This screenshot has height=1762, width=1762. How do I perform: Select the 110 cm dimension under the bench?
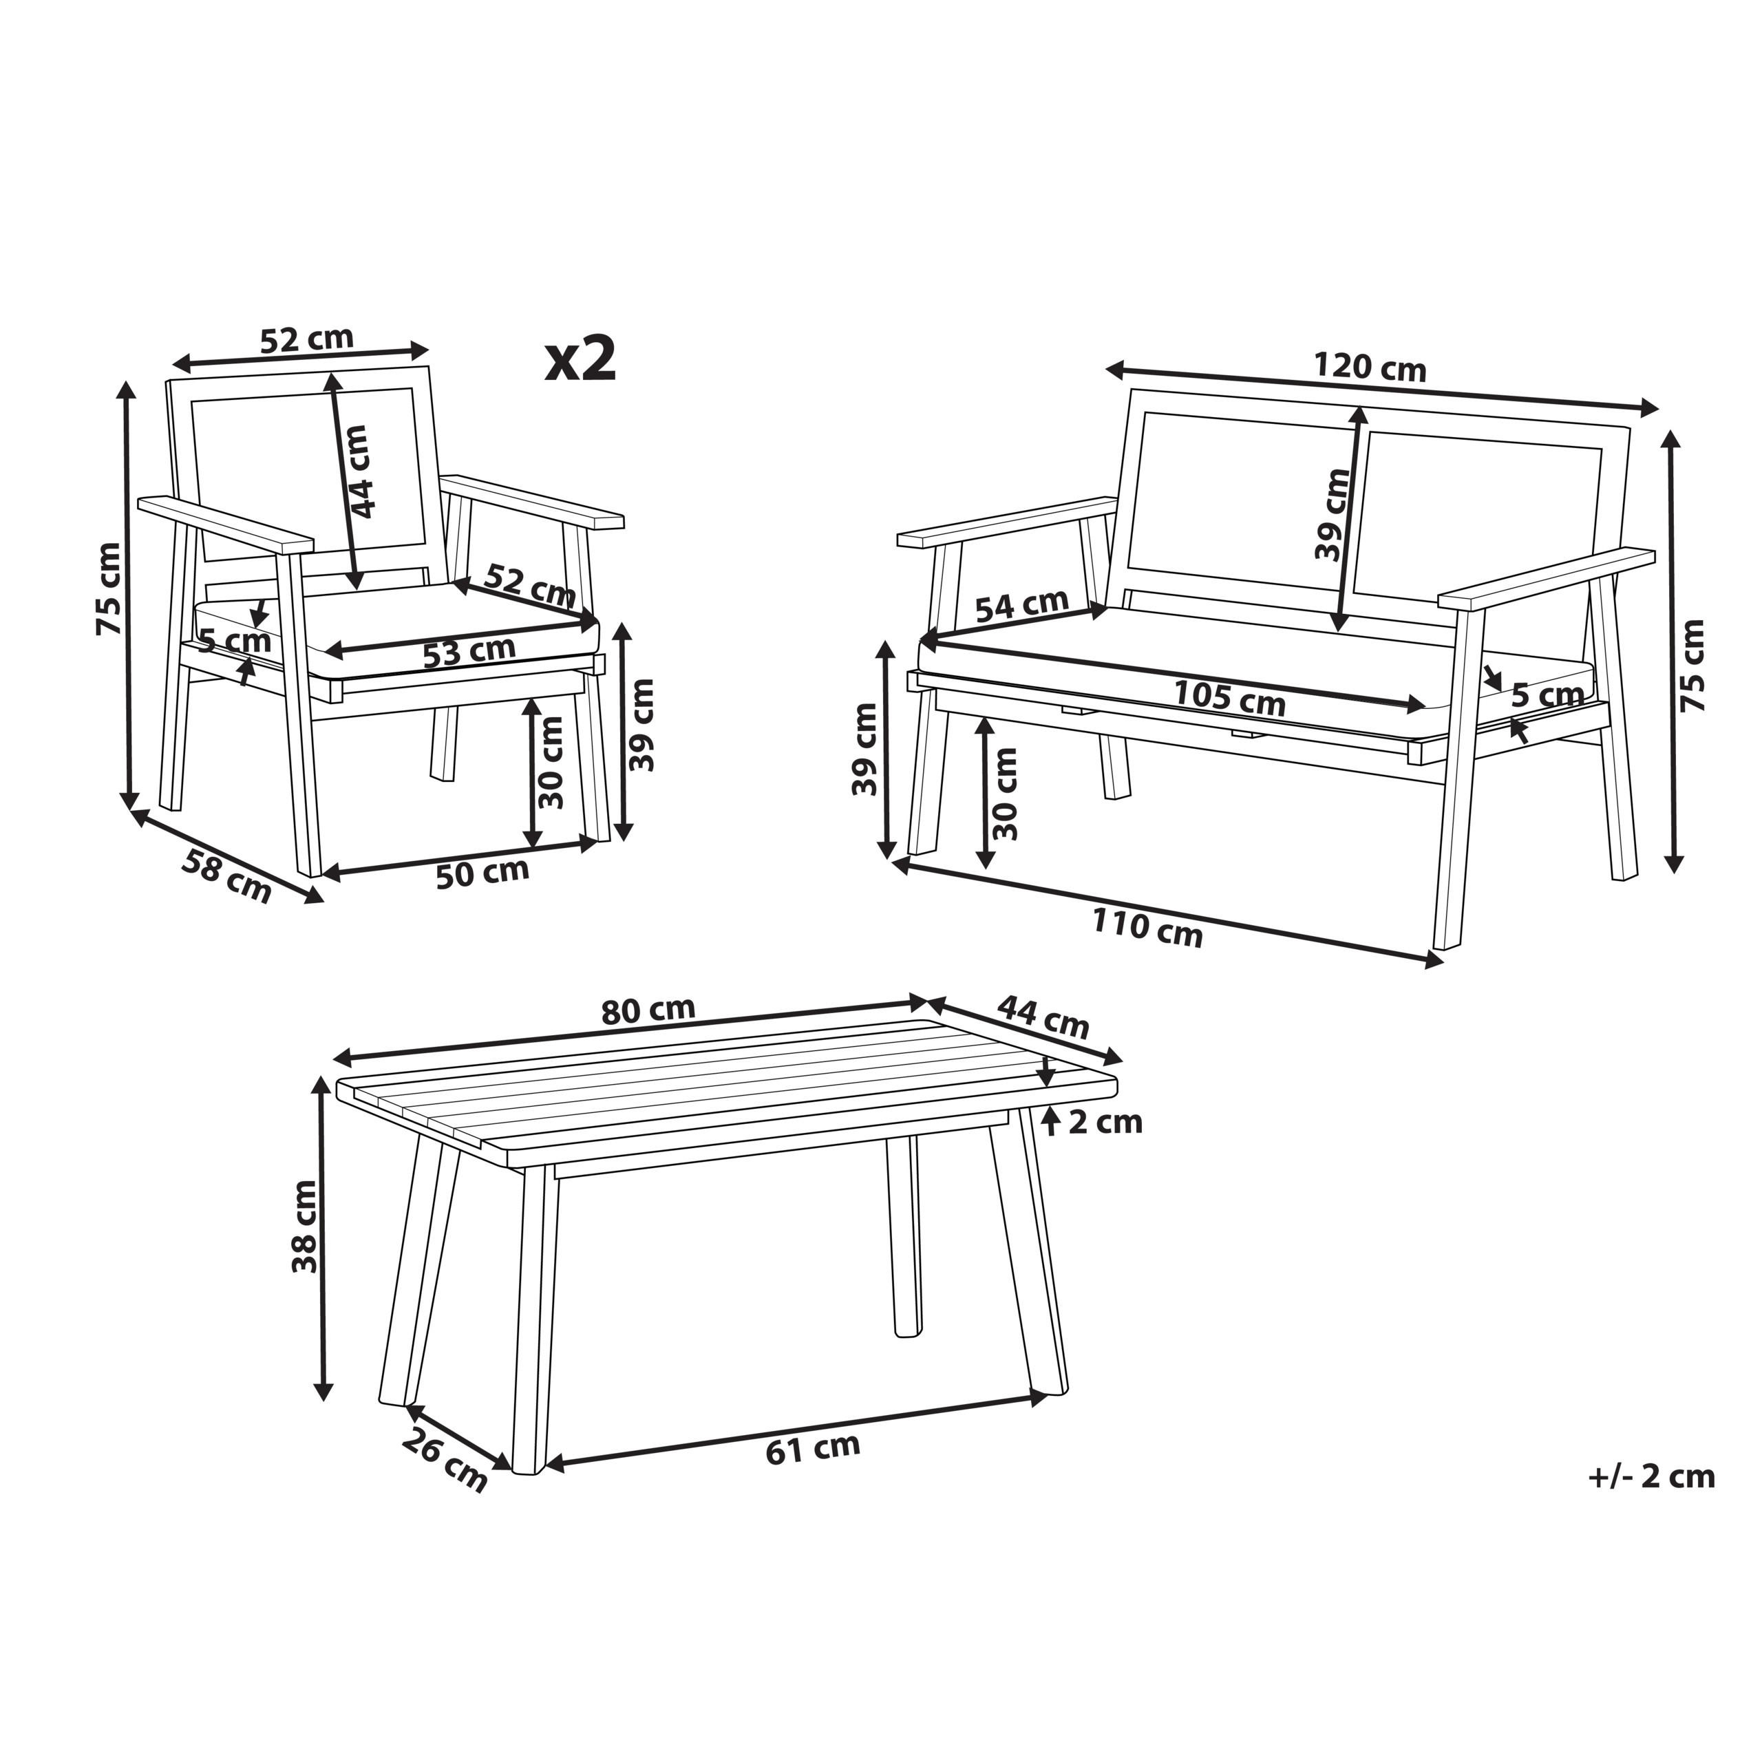(x=1147, y=929)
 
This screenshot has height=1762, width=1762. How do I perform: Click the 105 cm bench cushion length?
(x=1229, y=699)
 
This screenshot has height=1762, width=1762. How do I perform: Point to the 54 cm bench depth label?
(x=1021, y=605)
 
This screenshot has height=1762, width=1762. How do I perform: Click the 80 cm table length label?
(x=648, y=1010)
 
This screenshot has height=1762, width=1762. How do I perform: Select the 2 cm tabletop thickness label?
(x=1105, y=1122)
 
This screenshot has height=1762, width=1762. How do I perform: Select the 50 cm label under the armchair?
(x=482, y=873)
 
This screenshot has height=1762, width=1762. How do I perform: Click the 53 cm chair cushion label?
(x=469, y=651)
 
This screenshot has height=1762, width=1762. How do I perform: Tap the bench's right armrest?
(x=1547, y=578)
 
